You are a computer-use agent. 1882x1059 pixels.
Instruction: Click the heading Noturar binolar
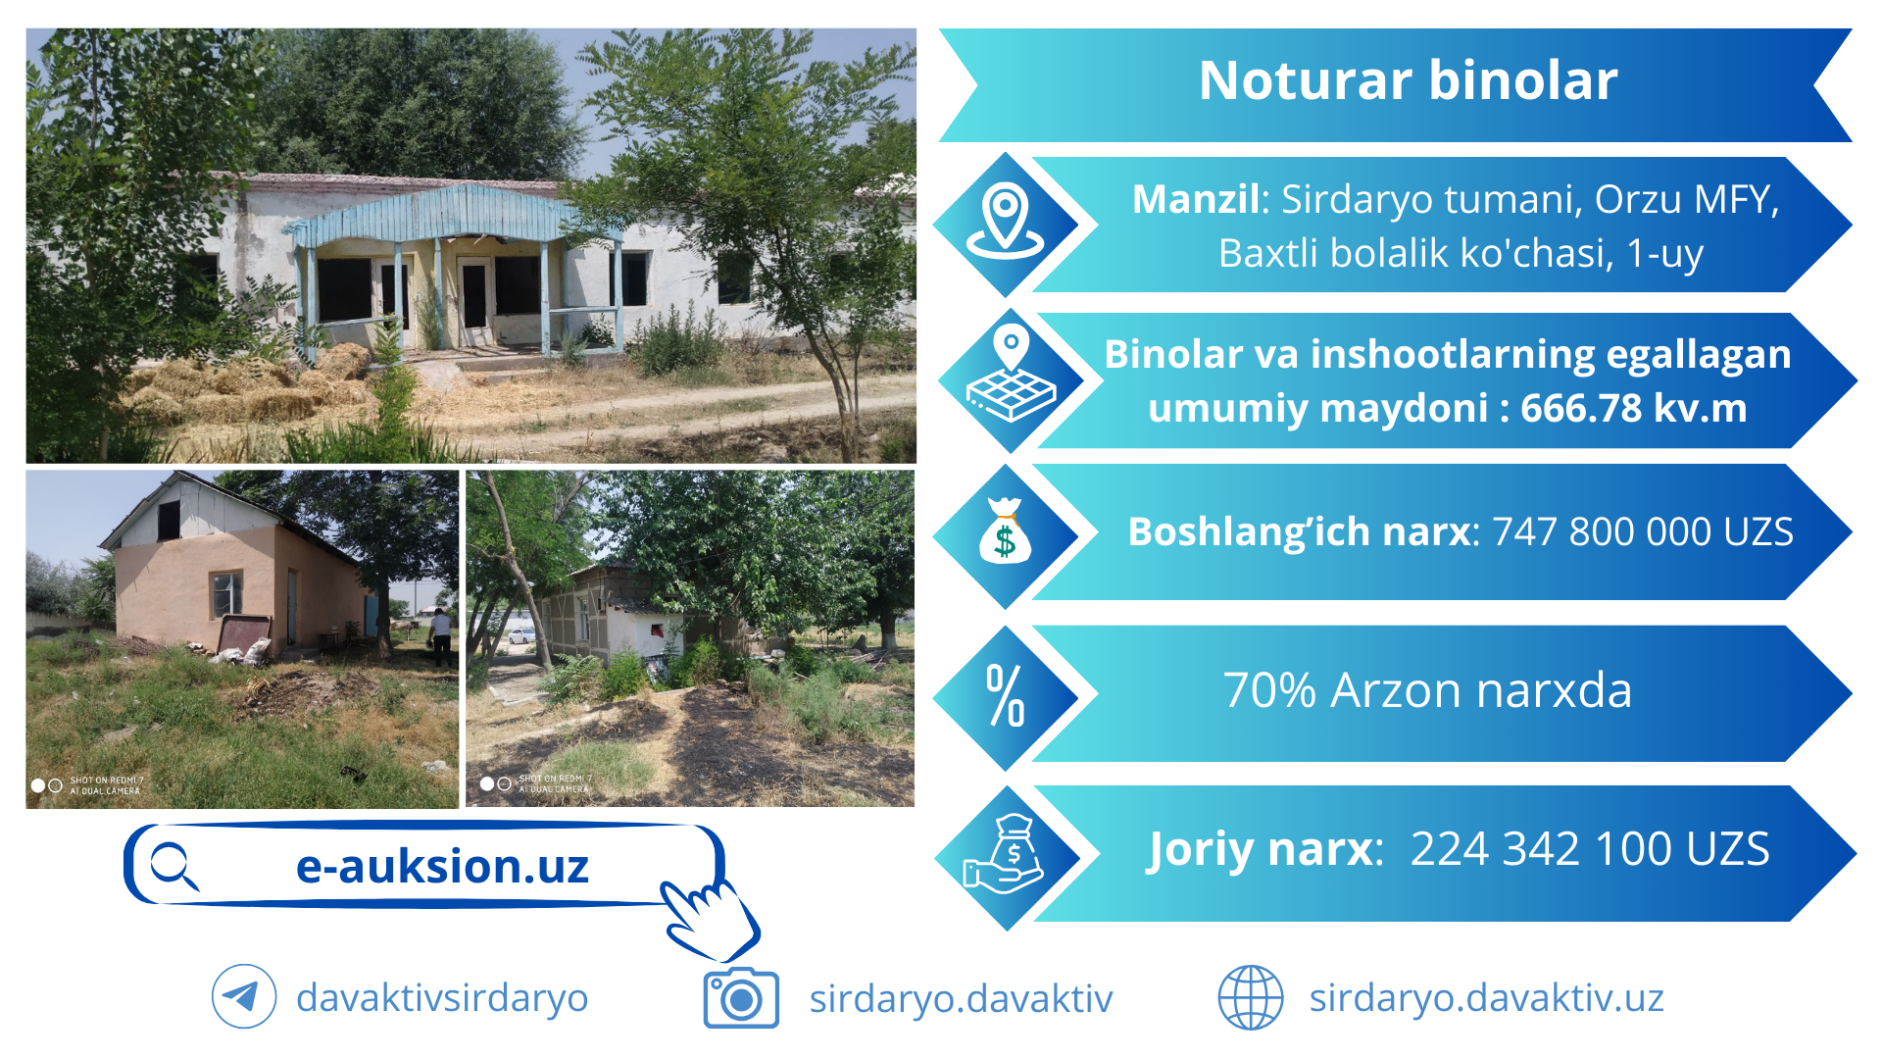(x=1408, y=80)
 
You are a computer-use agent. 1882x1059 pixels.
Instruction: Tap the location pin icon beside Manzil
(x=1006, y=221)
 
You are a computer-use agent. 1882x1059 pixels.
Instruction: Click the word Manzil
(x=1195, y=199)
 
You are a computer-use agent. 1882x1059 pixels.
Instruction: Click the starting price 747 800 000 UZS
(x=1643, y=531)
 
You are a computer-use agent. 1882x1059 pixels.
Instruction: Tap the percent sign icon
(x=1006, y=695)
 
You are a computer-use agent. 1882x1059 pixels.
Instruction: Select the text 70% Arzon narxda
(x=1427, y=690)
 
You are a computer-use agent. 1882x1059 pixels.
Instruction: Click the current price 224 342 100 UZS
(x=1590, y=849)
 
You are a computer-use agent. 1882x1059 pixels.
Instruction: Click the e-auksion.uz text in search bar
(x=442, y=867)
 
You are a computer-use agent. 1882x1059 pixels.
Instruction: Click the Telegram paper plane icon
(x=243, y=997)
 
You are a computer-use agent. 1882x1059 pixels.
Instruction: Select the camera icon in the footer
(x=741, y=998)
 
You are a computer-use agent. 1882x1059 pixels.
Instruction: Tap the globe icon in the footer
(x=1250, y=998)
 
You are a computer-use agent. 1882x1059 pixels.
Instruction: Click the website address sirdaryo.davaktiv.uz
(x=1486, y=998)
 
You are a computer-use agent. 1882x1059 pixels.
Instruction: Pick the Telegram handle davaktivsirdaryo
(x=442, y=998)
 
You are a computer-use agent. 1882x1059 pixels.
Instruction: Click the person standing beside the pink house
(x=441, y=636)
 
